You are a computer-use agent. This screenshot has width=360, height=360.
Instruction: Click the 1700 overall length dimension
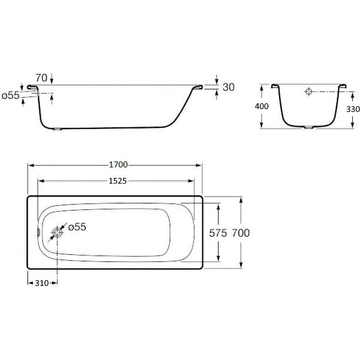pos(118,165)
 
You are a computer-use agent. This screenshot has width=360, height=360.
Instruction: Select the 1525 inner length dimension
pos(118,181)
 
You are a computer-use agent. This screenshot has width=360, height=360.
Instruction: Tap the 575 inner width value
pos(218,233)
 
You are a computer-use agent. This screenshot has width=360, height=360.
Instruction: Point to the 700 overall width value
pos(241,233)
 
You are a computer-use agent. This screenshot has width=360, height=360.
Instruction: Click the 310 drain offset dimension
pos(42,283)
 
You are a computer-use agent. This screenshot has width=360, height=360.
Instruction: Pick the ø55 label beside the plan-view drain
pos(77,227)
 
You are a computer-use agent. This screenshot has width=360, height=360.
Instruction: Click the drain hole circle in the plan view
pos(57,233)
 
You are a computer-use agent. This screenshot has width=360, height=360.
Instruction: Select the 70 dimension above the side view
pos(41,78)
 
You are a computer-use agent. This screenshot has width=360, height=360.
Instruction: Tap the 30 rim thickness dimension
pos(229,87)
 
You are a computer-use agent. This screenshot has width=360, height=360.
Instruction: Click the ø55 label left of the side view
pos(11,95)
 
